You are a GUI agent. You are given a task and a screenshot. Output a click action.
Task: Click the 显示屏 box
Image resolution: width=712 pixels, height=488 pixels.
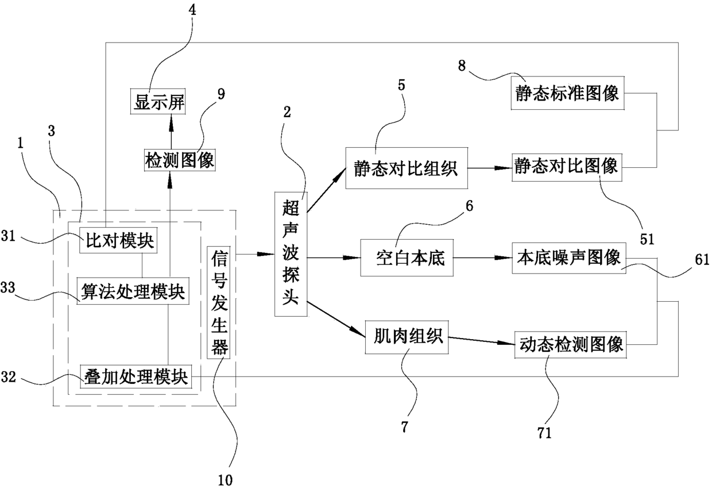(158, 102)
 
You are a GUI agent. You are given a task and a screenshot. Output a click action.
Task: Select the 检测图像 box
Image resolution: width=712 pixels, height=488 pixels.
(180, 160)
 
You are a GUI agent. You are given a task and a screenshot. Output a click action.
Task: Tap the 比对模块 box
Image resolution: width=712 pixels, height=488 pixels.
(118, 240)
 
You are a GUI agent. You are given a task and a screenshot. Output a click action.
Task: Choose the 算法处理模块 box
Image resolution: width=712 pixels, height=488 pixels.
(133, 291)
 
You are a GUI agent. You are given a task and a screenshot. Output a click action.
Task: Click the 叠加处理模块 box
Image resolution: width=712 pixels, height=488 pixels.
(136, 376)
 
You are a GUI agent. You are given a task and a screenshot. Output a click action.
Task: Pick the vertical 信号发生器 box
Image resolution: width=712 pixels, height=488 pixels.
(219, 302)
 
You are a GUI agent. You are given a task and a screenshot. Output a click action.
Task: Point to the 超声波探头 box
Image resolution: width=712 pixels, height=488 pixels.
(291, 254)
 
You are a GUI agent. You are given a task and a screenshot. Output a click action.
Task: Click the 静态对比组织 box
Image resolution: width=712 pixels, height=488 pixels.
(407, 168)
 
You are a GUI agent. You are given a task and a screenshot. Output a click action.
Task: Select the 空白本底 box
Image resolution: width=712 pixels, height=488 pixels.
(407, 258)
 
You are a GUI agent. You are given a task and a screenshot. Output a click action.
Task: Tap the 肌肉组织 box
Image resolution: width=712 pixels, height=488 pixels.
(407, 337)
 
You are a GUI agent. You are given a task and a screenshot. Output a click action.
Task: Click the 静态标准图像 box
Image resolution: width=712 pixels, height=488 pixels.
(568, 93)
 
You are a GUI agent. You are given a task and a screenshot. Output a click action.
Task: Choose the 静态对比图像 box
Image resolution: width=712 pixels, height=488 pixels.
(567, 167)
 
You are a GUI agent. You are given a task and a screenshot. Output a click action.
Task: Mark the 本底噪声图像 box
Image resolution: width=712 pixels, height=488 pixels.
(569, 258)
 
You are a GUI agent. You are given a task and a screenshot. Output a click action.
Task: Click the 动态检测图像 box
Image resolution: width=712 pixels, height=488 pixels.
(571, 345)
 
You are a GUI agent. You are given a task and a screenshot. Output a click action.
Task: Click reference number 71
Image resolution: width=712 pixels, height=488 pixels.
(544, 433)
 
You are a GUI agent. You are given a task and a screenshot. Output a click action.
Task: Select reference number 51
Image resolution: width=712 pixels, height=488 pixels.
(647, 240)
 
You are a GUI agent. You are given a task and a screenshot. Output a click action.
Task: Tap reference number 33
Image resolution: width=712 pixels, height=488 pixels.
(8, 287)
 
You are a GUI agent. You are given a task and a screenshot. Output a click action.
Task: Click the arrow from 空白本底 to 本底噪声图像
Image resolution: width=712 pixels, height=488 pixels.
(482, 258)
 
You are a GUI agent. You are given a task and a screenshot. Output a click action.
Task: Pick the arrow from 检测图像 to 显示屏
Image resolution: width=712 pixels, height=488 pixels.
(171, 132)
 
